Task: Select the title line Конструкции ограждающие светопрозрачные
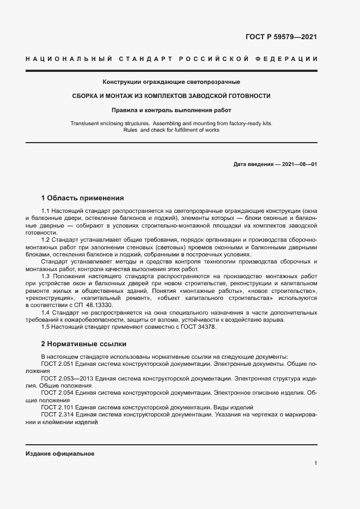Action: pyautogui.click(x=171, y=82)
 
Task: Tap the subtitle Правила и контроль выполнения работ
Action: pyautogui.click(x=171, y=110)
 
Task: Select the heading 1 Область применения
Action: pyautogui.click(x=83, y=198)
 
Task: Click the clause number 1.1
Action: pyautogui.click(x=46, y=210)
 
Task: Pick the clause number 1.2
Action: pyautogui.click(x=46, y=240)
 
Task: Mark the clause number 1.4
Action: pyautogui.click(x=46, y=312)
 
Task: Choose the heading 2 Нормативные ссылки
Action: pyautogui.click(x=84, y=344)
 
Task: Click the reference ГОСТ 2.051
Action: pyautogui.click(x=57, y=363)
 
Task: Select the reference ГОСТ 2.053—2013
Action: pyautogui.click(x=66, y=378)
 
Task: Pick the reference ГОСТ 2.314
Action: pyautogui.click(x=57, y=414)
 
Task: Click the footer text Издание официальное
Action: pyautogui.click(x=60, y=453)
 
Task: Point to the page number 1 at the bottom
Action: pyautogui.click(x=315, y=463)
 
